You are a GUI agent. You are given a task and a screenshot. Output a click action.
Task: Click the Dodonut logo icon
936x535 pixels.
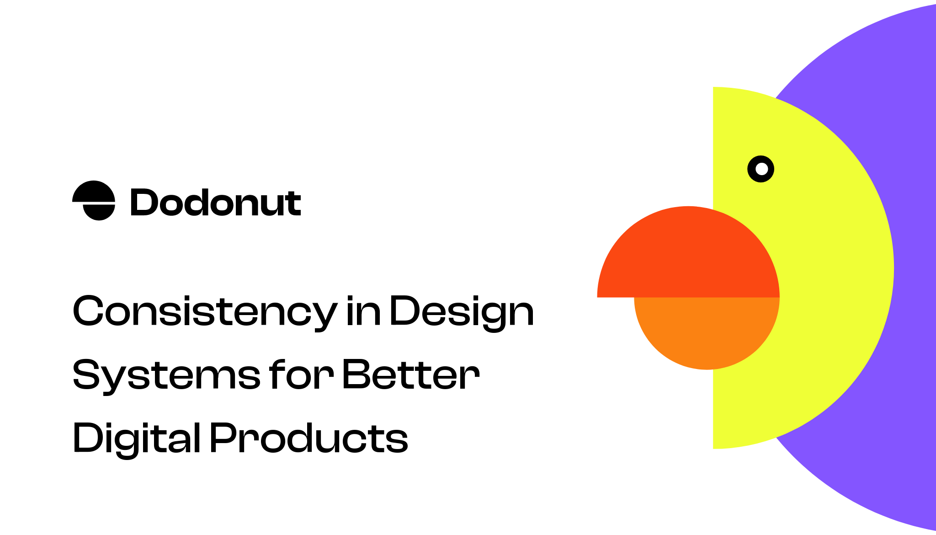click(94, 200)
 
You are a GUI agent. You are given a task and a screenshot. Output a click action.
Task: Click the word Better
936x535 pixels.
click(410, 375)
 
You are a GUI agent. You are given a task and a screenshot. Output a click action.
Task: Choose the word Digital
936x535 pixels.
click(136, 438)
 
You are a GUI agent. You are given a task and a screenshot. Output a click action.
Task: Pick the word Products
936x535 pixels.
click(308, 438)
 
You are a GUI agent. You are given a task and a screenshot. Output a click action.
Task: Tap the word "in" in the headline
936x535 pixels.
click(363, 311)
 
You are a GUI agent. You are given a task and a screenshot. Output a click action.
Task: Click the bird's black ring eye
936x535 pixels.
click(752, 169)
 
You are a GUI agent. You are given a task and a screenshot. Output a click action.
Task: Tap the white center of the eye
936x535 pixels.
click(761, 169)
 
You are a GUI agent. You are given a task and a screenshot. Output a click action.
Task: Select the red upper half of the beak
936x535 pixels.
click(688, 256)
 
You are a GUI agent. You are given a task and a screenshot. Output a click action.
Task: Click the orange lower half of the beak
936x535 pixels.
click(707, 332)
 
